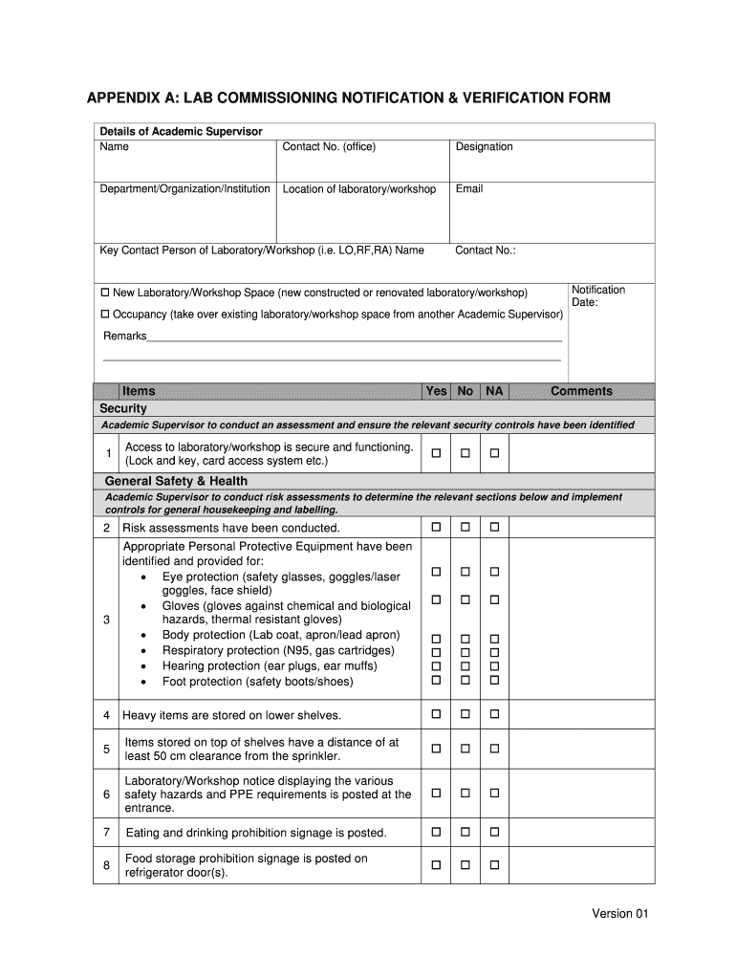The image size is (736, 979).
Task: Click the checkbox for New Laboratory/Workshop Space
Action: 105,292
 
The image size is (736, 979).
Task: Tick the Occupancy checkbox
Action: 105,314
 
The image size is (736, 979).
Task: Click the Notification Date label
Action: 597,296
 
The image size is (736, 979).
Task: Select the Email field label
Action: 469,189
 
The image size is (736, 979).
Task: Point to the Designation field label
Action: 484,147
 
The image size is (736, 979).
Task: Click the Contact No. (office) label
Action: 329,147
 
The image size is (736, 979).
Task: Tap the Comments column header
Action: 581,391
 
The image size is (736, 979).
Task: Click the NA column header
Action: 494,391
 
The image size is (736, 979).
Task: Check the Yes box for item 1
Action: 436,453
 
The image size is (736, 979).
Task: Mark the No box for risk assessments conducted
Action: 465,527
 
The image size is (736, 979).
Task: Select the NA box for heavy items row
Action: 495,714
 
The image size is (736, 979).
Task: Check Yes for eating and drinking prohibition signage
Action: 436,832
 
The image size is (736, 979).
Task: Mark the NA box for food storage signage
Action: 495,865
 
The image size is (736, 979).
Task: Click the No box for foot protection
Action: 465,681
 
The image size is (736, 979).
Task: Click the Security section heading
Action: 123,408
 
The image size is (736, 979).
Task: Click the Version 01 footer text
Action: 619,914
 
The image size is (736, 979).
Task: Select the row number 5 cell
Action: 106,749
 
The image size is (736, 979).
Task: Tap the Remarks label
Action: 124,337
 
